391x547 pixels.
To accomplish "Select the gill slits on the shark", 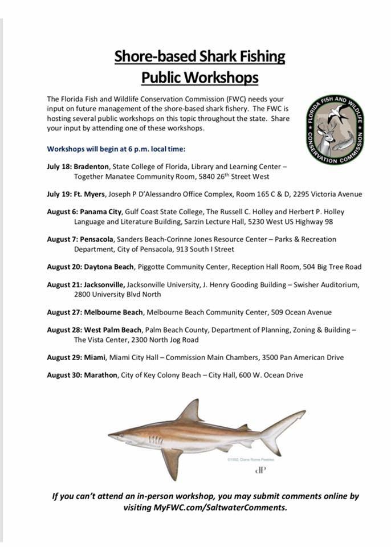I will point(154,440).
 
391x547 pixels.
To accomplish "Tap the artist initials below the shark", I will point(260,471).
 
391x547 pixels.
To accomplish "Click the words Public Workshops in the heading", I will point(199,77).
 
